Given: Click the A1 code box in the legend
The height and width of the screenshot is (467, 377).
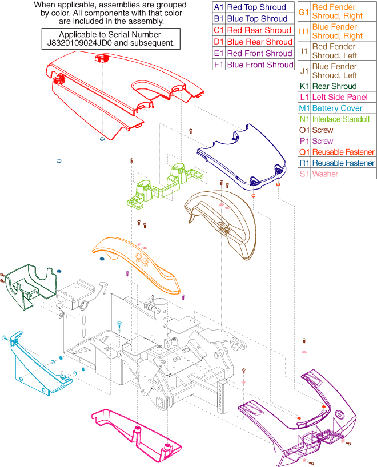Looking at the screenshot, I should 218,7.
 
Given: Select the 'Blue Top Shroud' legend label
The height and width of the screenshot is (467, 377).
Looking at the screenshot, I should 257,19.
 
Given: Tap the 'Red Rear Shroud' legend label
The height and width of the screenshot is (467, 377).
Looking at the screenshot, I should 259,30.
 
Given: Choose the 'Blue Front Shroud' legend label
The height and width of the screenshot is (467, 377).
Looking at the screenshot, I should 260,65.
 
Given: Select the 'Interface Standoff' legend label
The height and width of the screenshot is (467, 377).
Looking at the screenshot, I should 341,119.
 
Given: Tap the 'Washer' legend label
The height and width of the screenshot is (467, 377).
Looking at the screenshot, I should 325,174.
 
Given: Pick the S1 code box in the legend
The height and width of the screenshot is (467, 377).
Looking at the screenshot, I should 304,174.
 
